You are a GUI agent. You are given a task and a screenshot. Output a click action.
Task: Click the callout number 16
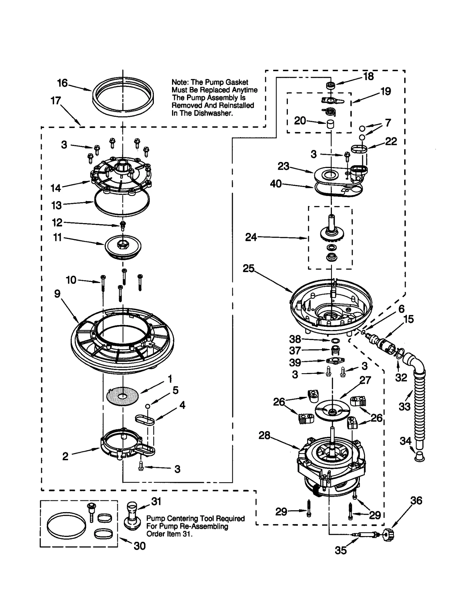(x=62, y=83)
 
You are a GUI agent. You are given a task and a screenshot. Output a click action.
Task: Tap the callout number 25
(x=249, y=269)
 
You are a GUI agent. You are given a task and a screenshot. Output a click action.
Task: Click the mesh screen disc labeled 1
(x=122, y=396)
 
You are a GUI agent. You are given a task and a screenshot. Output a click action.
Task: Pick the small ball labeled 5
(x=148, y=406)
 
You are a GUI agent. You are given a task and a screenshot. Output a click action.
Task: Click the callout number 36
(x=416, y=501)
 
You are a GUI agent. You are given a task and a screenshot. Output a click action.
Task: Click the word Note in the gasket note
(x=180, y=82)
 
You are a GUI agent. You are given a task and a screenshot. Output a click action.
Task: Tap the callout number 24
(x=251, y=237)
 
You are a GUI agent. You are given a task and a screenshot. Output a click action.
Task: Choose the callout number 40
(x=276, y=184)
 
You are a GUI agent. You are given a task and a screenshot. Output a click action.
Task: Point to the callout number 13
(x=56, y=205)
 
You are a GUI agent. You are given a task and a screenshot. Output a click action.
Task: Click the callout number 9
(x=57, y=294)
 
